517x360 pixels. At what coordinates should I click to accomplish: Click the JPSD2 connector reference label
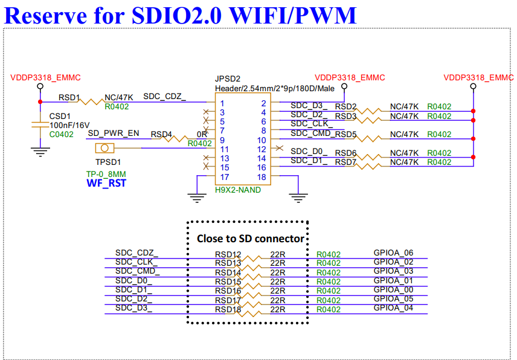pos(228,79)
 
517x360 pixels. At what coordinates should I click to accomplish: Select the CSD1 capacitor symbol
pos(40,125)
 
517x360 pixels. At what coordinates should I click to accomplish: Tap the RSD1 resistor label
pos(69,97)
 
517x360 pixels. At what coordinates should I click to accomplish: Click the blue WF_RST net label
pos(106,183)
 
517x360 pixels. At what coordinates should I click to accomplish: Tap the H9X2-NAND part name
pos(238,190)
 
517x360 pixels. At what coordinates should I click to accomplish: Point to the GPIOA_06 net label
pos(393,253)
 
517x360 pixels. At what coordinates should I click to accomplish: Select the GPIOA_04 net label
pos(393,309)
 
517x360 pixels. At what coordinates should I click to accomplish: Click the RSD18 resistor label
pos(228,310)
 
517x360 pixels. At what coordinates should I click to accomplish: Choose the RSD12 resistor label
pos(228,254)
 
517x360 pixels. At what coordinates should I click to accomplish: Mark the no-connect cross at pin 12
pos(278,148)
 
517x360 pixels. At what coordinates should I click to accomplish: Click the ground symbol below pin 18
pos(296,195)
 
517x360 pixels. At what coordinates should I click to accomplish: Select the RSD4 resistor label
pos(161,134)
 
